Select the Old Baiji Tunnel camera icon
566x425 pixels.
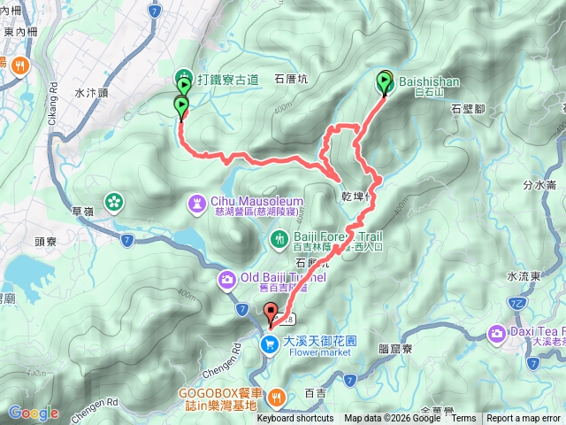tap(226, 281)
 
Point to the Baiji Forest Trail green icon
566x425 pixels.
tap(279, 237)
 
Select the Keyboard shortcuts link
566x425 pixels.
tap(295, 419)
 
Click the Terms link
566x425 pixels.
tap(463, 419)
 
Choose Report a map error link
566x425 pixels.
tap(524, 419)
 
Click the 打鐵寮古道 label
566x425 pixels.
tap(227, 79)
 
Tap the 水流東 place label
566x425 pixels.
tap(548, 277)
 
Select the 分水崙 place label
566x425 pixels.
tap(539, 186)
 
